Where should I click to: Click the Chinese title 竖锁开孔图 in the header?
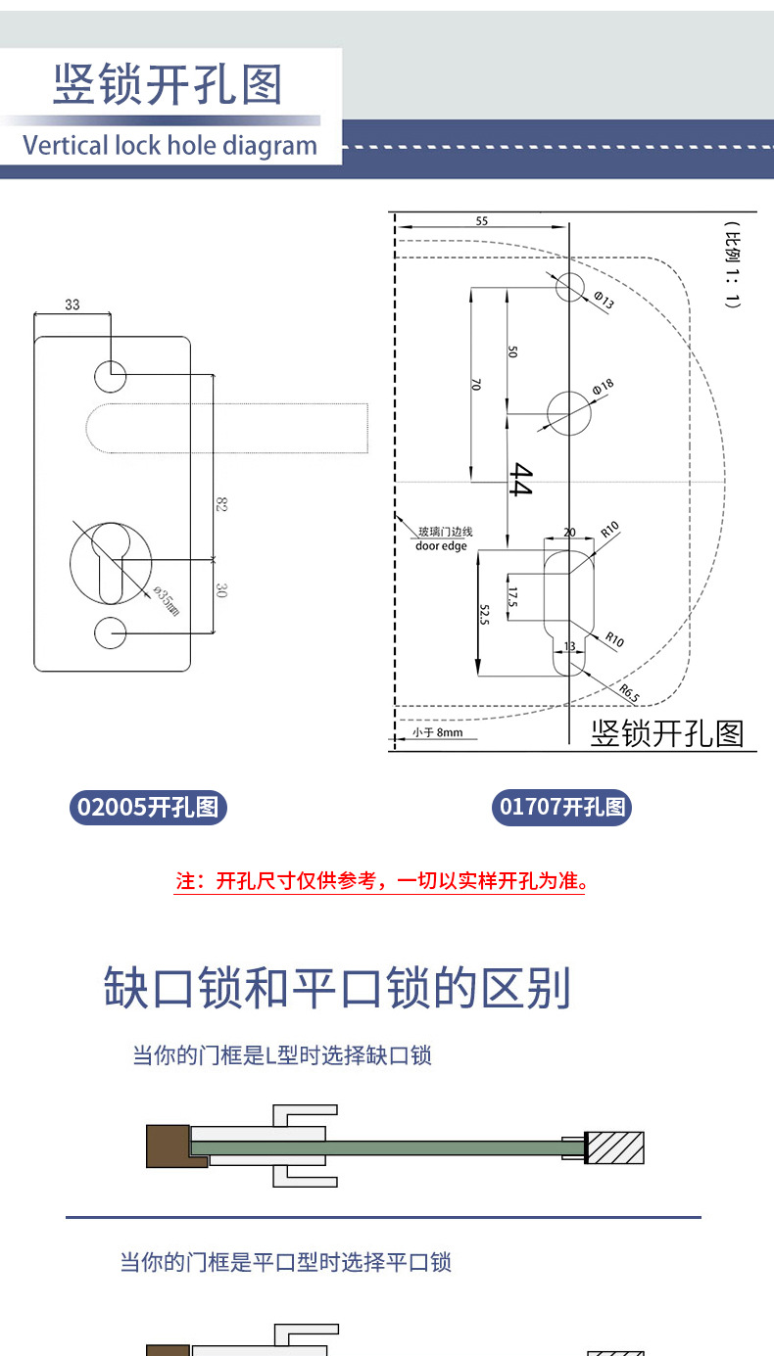[168, 85]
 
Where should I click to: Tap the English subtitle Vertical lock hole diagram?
[170, 146]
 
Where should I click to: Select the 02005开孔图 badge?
[148, 808]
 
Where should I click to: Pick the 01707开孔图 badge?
[562, 808]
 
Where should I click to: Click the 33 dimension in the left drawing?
[73, 304]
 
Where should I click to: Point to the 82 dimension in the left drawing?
[221, 505]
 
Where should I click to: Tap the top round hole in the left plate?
[111, 373]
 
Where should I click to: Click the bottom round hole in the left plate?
[111, 632]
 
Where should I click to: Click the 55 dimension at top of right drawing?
[481, 221]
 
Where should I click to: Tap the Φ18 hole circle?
[569, 413]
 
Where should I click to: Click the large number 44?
[519, 480]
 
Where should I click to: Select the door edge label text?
[442, 545]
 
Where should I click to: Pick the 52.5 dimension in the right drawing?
[484, 615]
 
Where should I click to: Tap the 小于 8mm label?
[436, 731]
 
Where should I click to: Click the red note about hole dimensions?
[380, 880]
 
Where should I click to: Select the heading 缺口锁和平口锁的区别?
[338, 989]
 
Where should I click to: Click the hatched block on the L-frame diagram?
[614, 1147]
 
